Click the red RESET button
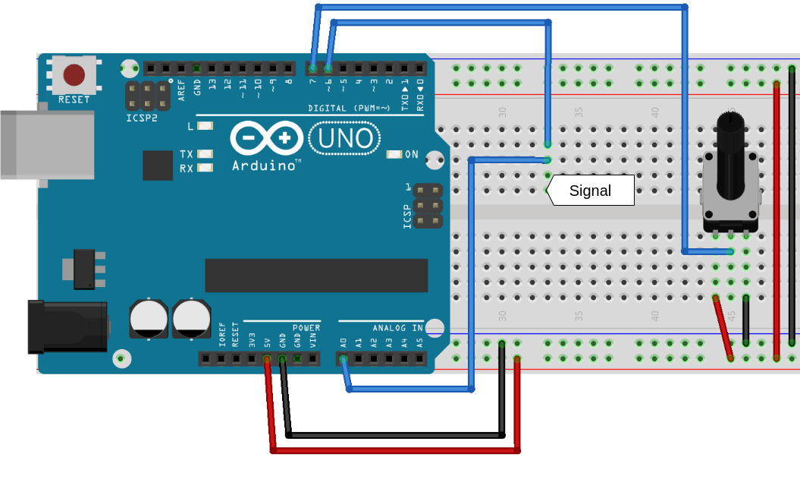[x=74, y=74]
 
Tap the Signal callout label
[x=591, y=191]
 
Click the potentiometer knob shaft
[x=730, y=133]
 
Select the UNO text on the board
[x=345, y=138]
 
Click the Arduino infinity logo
[x=266, y=137]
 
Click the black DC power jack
[x=67, y=326]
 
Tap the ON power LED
[x=394, y=154]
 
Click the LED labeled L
[x=205, y=126]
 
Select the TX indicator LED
[x=205, y=154]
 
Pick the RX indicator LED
[x=205, y=168]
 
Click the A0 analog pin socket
[x=343, y=358]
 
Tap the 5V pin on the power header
[x=267, y=358]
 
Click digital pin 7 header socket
[x=312, y=68]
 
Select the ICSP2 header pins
[x=147, y=96]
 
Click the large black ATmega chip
[x=316, y=275]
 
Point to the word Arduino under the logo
[x=263, y=165]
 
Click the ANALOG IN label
[x=397, y=328]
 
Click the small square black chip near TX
[x=158, y=165]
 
